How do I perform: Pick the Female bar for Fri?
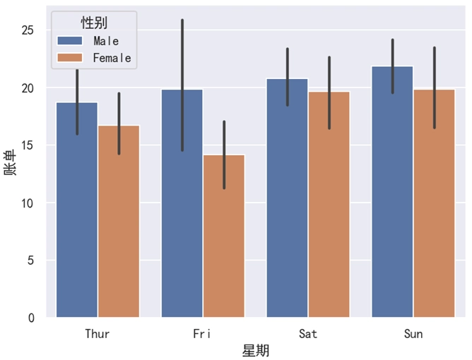(224, 236)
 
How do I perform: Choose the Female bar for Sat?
(329, 205)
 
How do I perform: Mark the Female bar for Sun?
(434, 204)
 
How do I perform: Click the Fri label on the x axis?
(203, 333)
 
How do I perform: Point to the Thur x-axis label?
(98, 333)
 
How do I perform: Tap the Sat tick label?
(308, 333)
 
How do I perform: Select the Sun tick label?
(413, 333)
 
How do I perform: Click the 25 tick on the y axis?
(28, 30)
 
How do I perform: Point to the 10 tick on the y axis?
(28, 203)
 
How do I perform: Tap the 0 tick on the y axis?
(32, 318)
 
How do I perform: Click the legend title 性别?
(94, 23)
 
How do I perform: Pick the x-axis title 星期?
(255, 351)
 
